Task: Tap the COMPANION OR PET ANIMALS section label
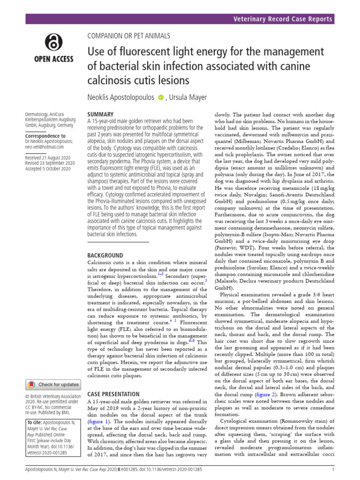[129, 36]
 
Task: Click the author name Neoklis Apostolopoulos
[121, 97]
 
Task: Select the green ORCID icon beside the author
[161, 97]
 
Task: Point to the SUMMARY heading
[101, 114]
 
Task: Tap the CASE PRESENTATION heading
[113, 394]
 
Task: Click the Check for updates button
[53, 384]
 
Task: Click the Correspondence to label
[45, 136]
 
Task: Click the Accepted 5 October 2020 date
[48, 169]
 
